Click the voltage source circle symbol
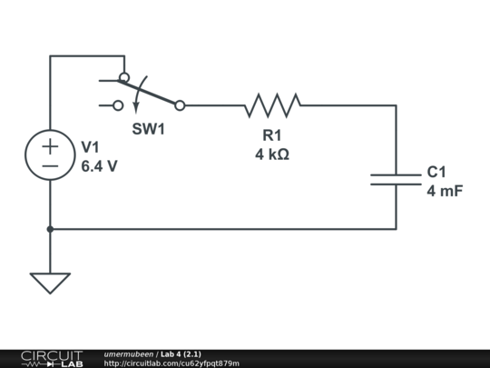click(x=50, y=155)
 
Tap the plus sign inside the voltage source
click(x=50, y=145)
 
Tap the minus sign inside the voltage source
click(x=50, y=166)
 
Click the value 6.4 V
click(x=99, y=166)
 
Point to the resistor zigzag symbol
click(x=272, y=105)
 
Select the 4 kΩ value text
click(x=272, y=154)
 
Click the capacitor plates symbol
click(x=396, y=177)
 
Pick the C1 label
click(x=436, y=172)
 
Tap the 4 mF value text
click(x=445, y=191)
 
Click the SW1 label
click(x=149, y=129)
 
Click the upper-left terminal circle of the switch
click(x=124, y=78)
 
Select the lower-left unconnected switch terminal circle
click(x=118, y=105)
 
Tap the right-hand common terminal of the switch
click(x=180, y=105)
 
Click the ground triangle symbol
click(x=50, y=283)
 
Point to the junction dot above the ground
click(x=50, y=229)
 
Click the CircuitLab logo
click(x=52, y=358)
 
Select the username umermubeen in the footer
click(x=129, y=353)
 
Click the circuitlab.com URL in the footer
click(x=171, y=363)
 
